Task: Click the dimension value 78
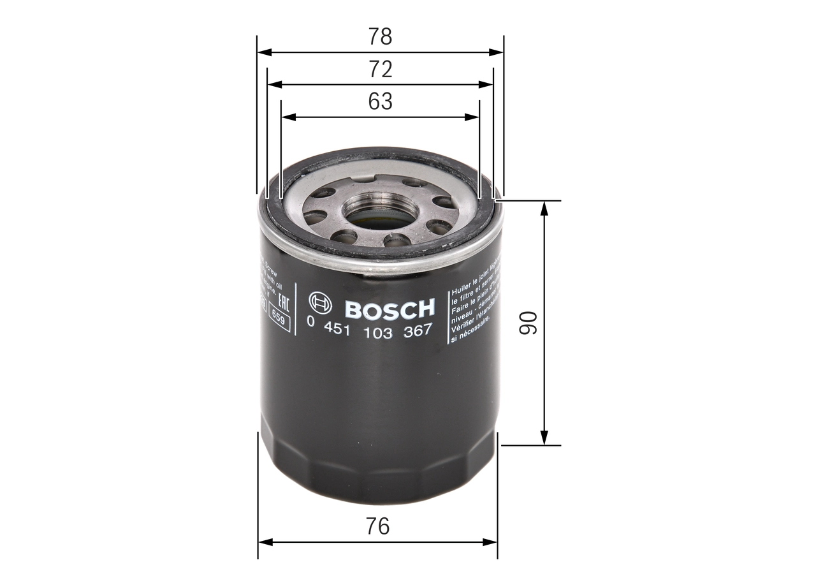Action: [380, 37]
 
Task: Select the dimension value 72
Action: [380, 69]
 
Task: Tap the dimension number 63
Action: [380, 101]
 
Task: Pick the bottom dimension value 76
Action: [377, 526]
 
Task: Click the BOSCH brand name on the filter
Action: [390, 309]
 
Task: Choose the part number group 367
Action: [419, 330]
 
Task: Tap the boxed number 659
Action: [279, 318]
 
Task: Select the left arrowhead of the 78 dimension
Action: [263, 52]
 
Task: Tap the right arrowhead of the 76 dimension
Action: [491, 542]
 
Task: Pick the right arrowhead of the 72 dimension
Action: [488, 84]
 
